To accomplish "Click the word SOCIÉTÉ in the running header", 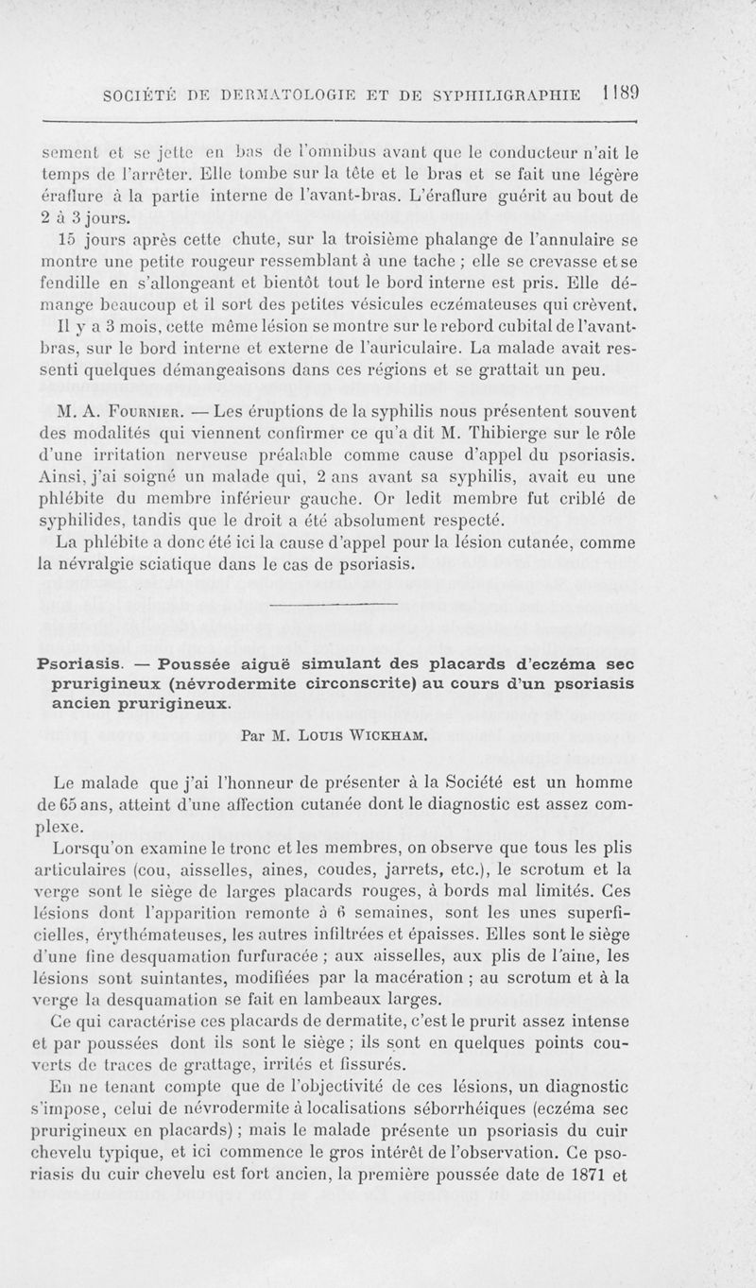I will point(146,96).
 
